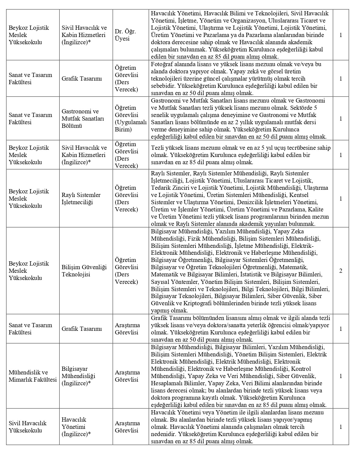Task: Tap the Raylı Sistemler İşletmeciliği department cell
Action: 81,198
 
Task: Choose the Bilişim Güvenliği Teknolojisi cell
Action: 84,271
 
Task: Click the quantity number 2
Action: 341,271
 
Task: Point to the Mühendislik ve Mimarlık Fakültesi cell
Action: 33,376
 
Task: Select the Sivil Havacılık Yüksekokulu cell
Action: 28,427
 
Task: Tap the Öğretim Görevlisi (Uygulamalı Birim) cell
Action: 131,118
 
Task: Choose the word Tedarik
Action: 160,188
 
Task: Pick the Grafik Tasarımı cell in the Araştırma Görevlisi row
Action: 82,329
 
